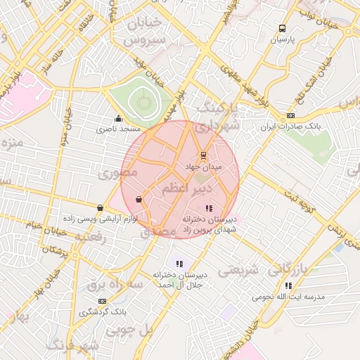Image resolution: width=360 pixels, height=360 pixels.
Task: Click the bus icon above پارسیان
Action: pos(282,29)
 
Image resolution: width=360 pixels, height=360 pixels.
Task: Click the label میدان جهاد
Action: pos(203,167)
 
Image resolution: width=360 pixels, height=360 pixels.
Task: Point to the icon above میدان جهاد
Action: pos(203,155)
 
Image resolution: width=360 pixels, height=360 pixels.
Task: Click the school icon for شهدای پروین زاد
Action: pos(208,208)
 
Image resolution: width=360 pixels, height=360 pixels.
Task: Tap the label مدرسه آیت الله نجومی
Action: pos(289,297)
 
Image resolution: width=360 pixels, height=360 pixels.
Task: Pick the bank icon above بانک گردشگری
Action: pos(103,301)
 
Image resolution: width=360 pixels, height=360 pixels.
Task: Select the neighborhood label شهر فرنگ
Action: pos(73,346)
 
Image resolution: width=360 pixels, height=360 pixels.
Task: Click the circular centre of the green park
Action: pos(144,103)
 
